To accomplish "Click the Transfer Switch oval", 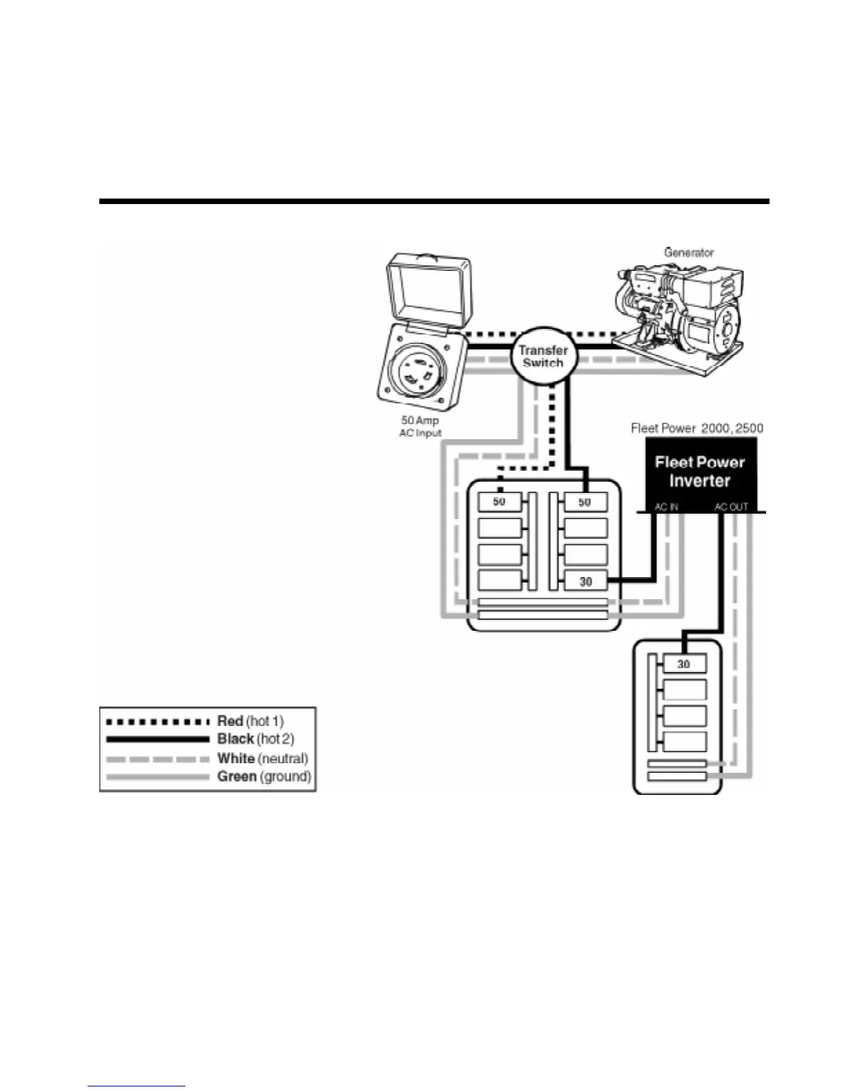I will coord(543,356).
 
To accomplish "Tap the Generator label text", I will coord(688,253).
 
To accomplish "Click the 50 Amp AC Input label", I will coord(420,427).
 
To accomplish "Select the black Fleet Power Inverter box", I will coord(700,472).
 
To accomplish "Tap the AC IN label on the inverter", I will coord(666,507).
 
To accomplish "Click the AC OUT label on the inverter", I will coord(731,507).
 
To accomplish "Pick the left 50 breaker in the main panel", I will coord(499,502).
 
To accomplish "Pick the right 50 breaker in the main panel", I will coord(585,502).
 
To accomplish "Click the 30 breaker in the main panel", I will coord(585,581).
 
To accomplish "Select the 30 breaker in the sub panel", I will coord(683,664).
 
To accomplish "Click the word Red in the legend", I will coord(230,721).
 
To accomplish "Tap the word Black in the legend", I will coord(236,739).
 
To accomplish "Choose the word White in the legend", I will coord(236,758).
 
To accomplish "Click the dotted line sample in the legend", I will coord(157,722).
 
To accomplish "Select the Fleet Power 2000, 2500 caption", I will coord(696,428).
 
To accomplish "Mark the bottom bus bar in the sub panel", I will coord(677,777).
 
